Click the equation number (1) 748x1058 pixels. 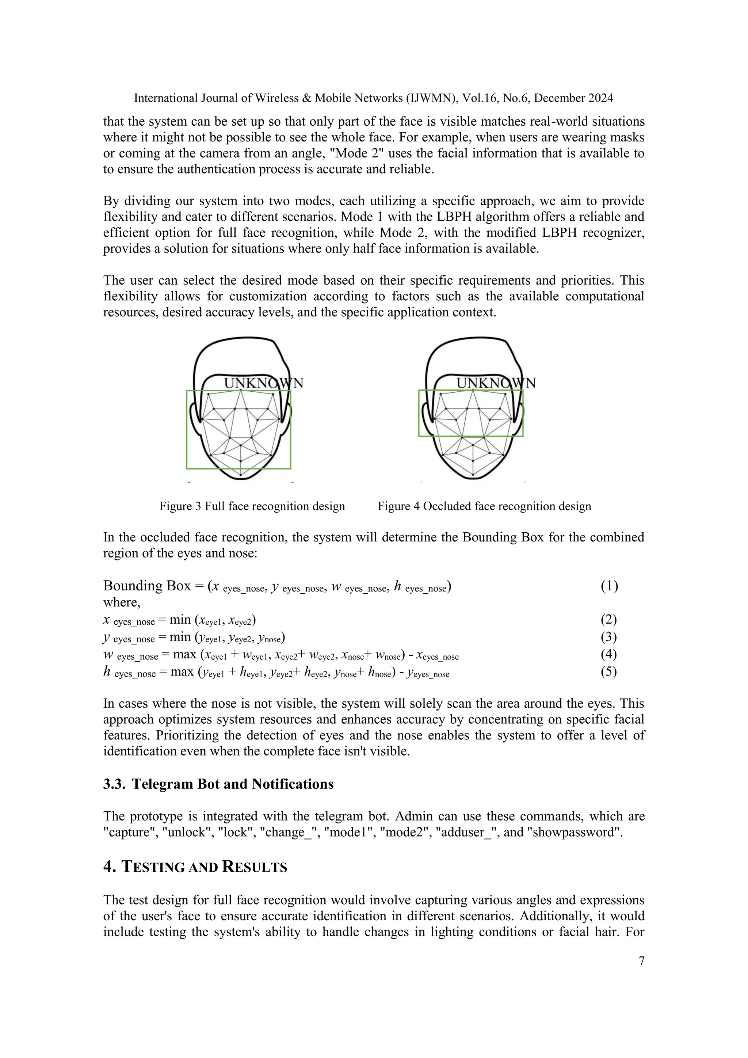coord(609,586)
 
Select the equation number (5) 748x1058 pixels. coord(608,671)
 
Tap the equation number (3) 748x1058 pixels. coord(608,637)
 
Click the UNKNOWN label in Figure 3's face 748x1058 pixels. coord(263,383)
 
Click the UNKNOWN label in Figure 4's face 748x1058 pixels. coord(496,383)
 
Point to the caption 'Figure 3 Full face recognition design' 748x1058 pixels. coord(252,506)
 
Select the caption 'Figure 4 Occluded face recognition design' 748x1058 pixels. coord(484,506)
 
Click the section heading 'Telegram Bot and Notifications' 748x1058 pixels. coord(233,784)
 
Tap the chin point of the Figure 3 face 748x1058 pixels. coord(240,475)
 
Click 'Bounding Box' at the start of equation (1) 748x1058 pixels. coord(146,586)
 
